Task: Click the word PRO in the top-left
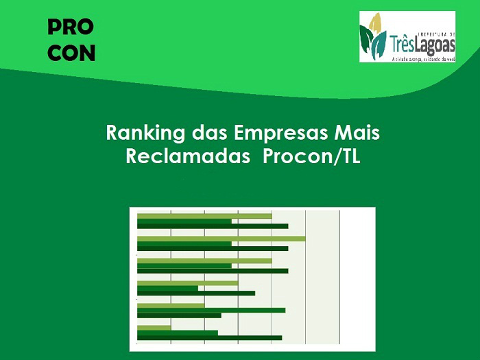[x=71, y=27]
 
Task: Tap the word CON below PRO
[x=71, y=53]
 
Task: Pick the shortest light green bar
[x=154, y=328]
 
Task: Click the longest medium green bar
[x=211, y=310]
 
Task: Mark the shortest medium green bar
[x=167, y=288]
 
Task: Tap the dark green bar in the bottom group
[x=209, y=337]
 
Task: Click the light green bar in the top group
[x=204, y=216]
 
